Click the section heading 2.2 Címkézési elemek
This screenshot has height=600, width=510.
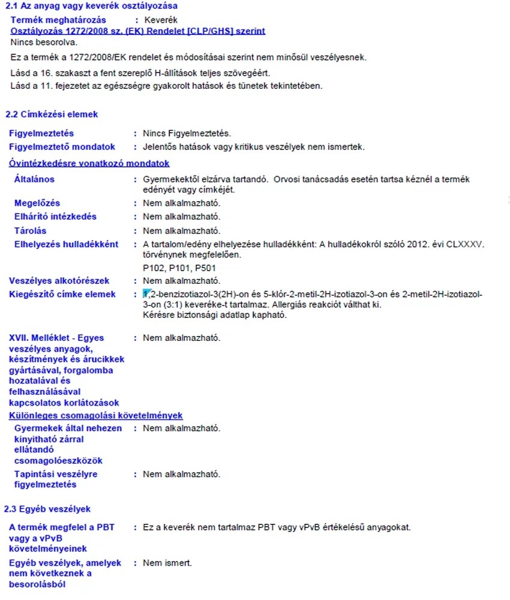51,114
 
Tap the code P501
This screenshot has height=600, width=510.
205,268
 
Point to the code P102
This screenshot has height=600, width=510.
154,268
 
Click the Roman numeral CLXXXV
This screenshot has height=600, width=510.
464,244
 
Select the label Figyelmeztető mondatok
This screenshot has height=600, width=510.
62,147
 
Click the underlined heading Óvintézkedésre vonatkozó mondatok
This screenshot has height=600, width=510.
90,163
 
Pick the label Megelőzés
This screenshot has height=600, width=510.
37,203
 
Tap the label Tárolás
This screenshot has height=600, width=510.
31,230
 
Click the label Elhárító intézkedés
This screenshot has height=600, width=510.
55,217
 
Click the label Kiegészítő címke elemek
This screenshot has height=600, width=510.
62,295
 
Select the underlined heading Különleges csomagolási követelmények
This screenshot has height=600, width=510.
96,415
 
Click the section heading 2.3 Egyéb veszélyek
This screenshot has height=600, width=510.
47,509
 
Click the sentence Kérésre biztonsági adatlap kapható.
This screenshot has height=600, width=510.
215,316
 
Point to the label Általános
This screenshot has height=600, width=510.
34,179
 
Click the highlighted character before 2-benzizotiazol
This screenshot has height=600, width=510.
145,294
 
